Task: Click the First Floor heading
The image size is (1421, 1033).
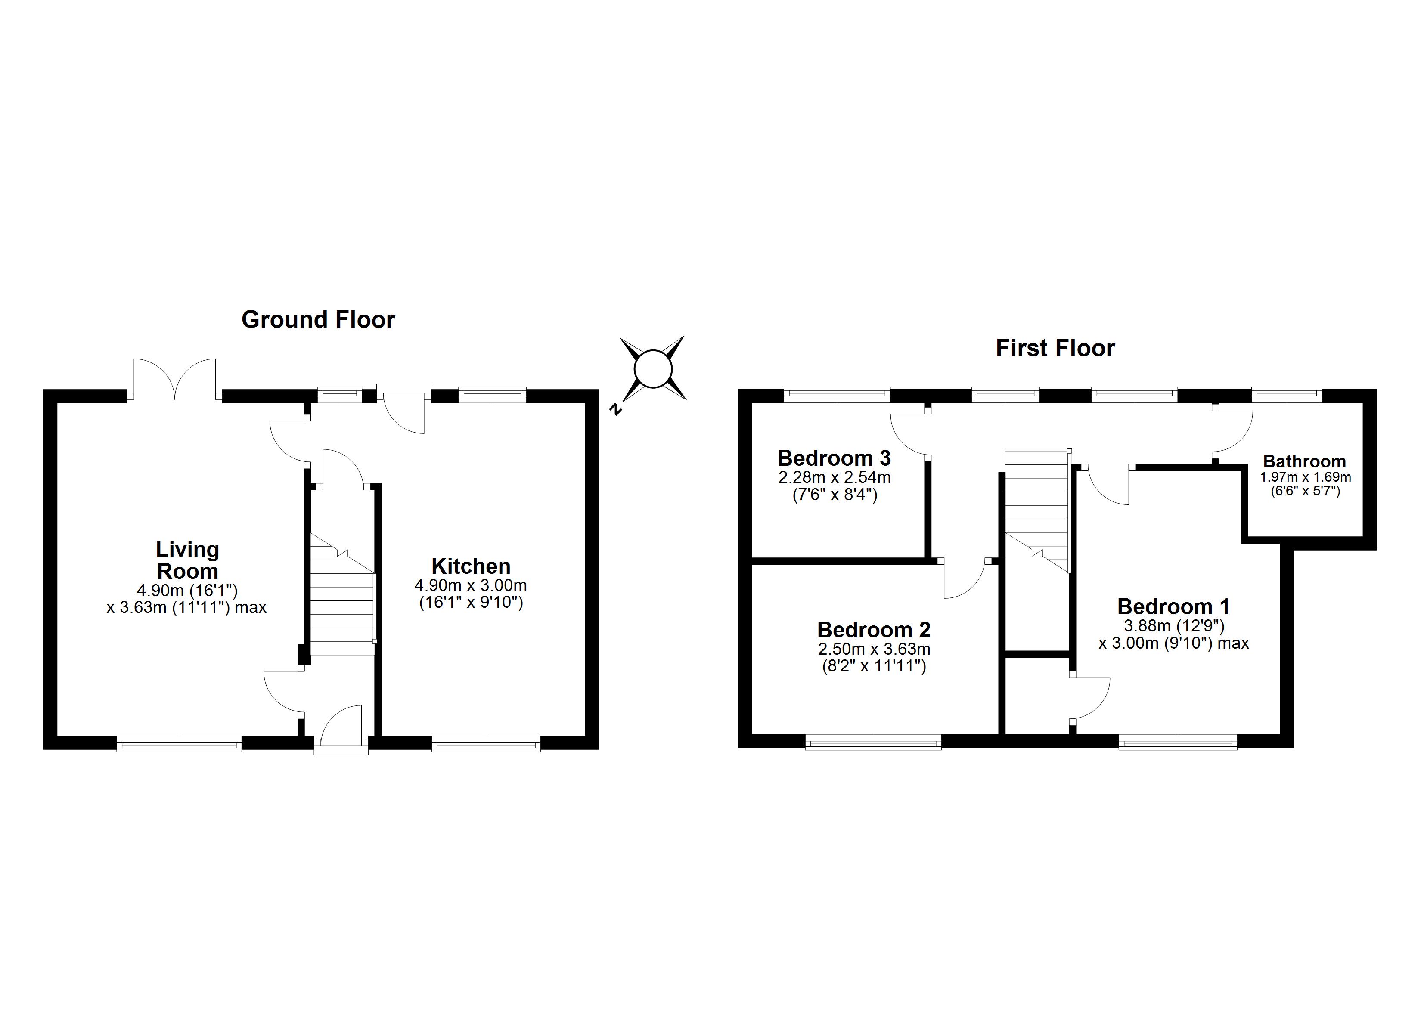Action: click(x=1055, y=348)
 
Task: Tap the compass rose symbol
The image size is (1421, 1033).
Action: click(x=653, y=369)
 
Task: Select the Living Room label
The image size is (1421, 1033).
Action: click(x=187, y=560)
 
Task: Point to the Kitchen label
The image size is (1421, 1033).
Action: click(x=471, y=566)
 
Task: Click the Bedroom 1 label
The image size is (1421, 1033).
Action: click(x=1173, y=606)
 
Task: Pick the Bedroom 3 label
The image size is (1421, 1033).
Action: click(x=834, y=458)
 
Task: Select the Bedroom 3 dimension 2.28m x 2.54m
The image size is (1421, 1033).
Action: click(x=835, y=477)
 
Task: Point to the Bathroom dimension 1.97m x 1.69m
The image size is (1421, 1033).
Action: click(x=1306, y=477)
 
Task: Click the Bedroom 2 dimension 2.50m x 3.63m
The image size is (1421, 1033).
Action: click(x=874, y=649)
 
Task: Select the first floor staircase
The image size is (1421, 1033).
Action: click(x=1037, y=510)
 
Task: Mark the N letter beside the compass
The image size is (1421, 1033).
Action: click(x=617, y=410)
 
